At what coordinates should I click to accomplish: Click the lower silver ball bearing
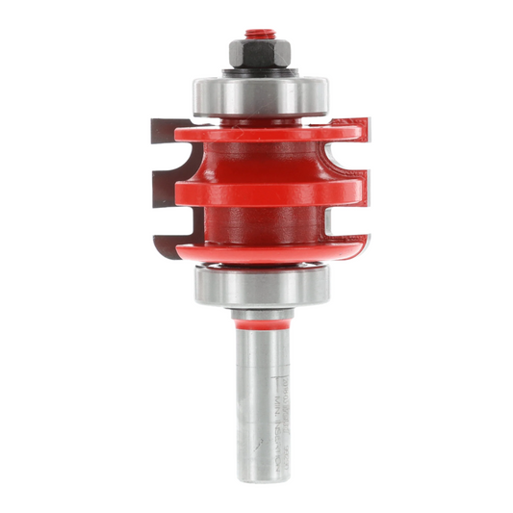(x=262, y=283)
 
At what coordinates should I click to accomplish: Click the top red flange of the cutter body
(x=260, y=128)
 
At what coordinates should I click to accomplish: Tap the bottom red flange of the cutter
(x=260, y=249)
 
